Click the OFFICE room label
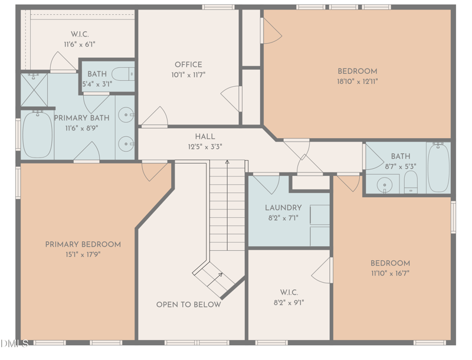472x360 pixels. click(188, 65)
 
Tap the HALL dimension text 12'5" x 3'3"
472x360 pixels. click(205, 147)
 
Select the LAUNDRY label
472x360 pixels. click(283, 208)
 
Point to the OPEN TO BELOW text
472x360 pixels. click(189, 305)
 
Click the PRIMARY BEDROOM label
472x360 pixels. click(83, 244)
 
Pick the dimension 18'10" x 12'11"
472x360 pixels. click(358, 81)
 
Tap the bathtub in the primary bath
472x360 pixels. click(37, 135)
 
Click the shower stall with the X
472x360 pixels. click(34, 90)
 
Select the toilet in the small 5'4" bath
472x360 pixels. click(123, 74)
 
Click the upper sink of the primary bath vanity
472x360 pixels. click(126, 114)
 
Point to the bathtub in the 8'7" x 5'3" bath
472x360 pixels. click(438, 168)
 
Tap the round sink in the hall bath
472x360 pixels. click(385, 184)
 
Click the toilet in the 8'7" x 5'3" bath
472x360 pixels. click(411, 182)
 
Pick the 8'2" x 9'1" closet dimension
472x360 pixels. click(289, 303)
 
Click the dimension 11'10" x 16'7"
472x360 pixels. click(390, 273)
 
